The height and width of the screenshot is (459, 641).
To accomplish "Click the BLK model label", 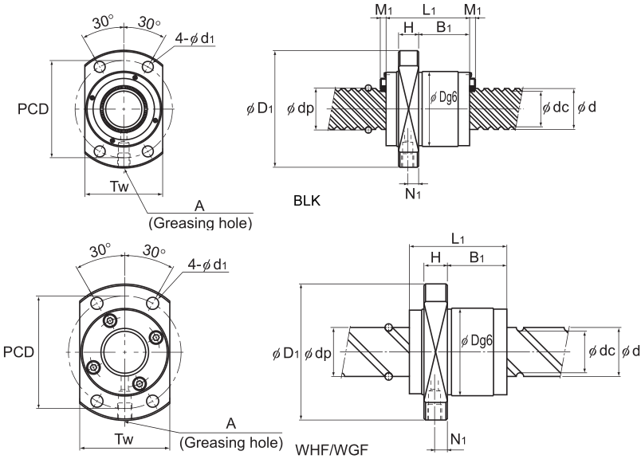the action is click(307, 201).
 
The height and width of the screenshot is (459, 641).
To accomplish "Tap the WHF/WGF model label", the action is click(332, 450).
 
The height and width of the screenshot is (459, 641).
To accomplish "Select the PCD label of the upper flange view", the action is click(33, 108).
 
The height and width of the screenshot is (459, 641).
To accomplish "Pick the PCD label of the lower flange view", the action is click(19, 352).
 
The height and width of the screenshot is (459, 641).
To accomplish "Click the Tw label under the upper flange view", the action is click(119, 186).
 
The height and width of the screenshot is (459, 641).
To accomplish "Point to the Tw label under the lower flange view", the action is click(124, 439).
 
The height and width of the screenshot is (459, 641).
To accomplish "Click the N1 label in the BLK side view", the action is click(413, 194).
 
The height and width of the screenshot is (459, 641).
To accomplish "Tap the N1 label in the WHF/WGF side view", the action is click(458, 439).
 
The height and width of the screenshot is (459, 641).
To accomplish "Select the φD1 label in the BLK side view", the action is click(260, 108).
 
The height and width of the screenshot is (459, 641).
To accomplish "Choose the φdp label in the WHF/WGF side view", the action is click(317, 354).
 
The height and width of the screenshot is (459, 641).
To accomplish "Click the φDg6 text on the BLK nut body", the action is click(444, 97).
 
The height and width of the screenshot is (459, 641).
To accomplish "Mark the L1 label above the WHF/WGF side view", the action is click(458, 239).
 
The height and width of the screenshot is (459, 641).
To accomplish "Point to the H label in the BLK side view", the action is click(408, 27).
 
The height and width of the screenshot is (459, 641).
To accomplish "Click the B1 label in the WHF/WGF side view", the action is click(477, 257).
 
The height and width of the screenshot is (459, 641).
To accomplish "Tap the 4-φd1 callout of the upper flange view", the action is click(195, 38).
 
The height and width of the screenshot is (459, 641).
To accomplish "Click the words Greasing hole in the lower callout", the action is click(231, 442).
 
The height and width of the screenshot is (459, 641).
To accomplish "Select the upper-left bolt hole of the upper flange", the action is click(100, 67).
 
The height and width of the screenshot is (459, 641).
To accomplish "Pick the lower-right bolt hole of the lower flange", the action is click(152, 400).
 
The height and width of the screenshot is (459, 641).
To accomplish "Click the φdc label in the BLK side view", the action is click(556, 107).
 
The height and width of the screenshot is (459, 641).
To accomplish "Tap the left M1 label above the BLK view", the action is click(383, 10).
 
